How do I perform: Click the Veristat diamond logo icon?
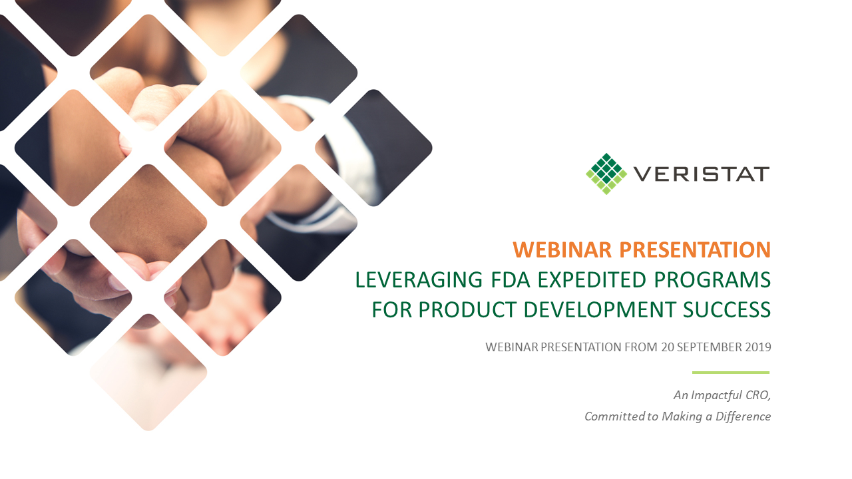click(x=606, y=174)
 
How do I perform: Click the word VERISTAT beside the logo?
click(x=702, y=174)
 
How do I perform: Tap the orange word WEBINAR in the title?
click(x=562, y=250)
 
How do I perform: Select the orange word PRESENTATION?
click(x=695, y=250)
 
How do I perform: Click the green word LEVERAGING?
click(x=419, y=280)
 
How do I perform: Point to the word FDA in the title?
click(x=511, y=280)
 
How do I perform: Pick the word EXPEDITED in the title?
click(x=592, y=280)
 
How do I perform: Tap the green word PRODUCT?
click(x=467, y=309)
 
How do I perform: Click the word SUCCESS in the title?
click(x=727, y=309)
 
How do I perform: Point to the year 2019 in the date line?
click(x=758, y=347)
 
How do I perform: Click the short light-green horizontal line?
click(x=731, y=373)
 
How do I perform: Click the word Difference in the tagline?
click(x=744, y=416)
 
